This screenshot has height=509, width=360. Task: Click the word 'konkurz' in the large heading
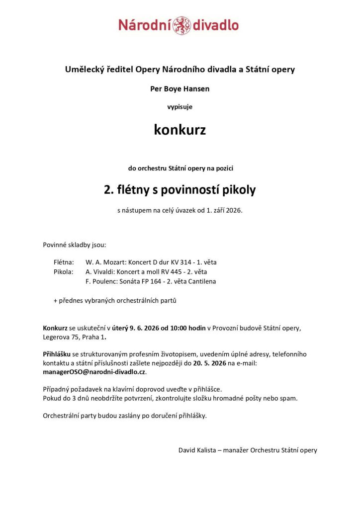pos(180,130)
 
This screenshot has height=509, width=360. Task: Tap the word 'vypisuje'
pos(180,106)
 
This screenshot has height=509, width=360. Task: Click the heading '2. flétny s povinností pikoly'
pos(180,190)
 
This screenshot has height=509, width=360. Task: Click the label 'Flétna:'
pos(64,262)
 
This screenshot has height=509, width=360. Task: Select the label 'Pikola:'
pos(63,272)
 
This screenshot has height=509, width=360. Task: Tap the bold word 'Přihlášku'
pos(57,354)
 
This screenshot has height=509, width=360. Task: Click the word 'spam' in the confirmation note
pos(288,398)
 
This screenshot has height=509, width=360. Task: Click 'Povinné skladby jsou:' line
pos(75,245)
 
